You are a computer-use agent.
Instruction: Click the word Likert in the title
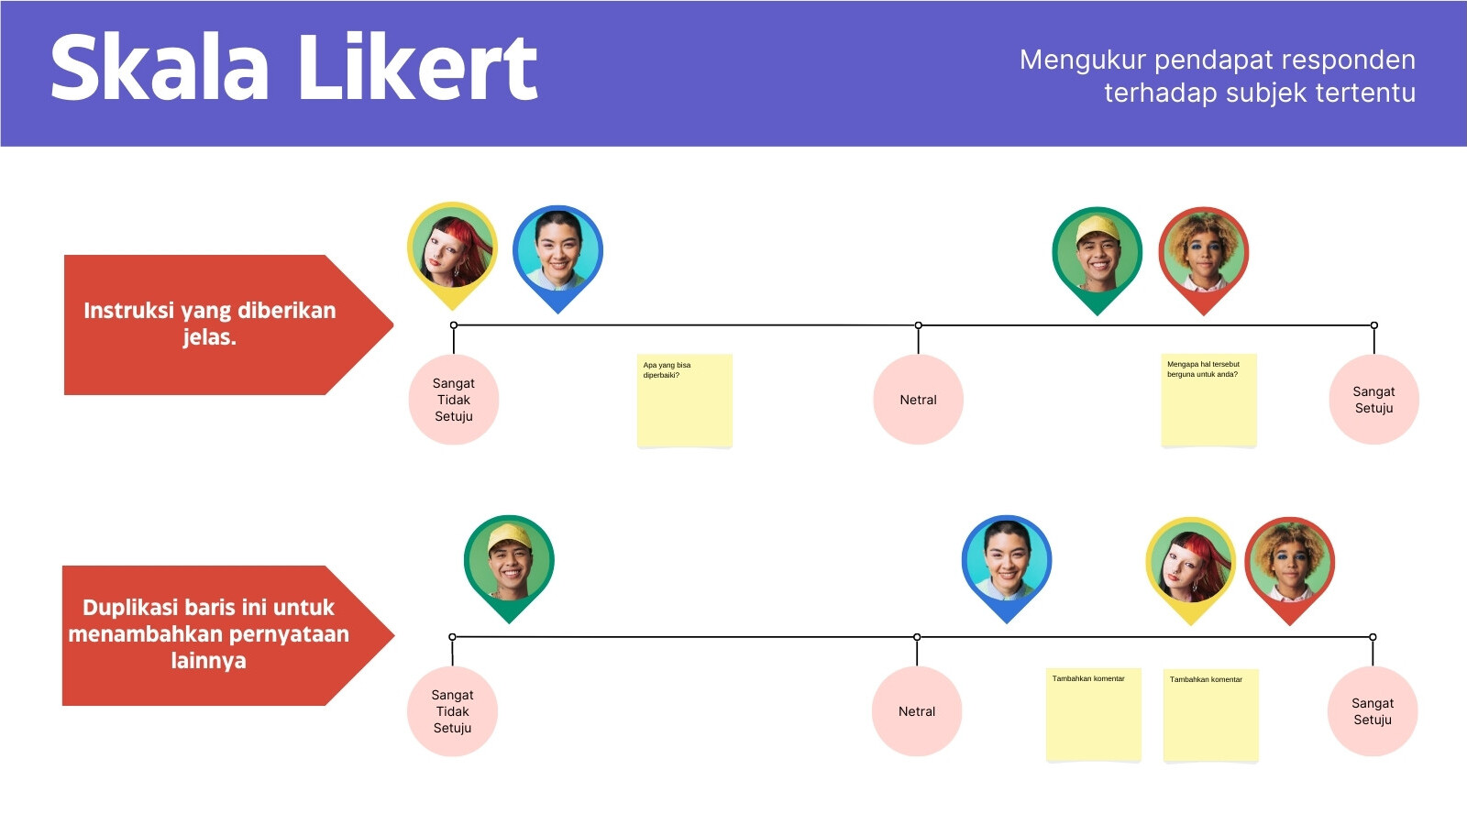tap(418, 68)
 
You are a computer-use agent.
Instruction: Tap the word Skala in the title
tap(160, 68)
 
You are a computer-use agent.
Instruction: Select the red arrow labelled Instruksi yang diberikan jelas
tap(228, 324)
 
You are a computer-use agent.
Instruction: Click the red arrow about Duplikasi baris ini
tap(228, 635)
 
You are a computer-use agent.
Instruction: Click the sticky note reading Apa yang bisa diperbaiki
tap(685, 401)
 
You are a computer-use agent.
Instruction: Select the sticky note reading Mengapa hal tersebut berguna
tap(1209, 400)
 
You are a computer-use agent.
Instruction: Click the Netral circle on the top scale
tap(918, 400)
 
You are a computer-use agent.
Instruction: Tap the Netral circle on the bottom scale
tap(917, 711)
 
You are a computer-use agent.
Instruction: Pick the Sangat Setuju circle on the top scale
tap(1374, 400)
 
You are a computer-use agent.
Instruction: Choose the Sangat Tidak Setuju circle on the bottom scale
tap(453, 711)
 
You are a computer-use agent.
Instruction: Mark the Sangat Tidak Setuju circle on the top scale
tap(454, 400)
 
